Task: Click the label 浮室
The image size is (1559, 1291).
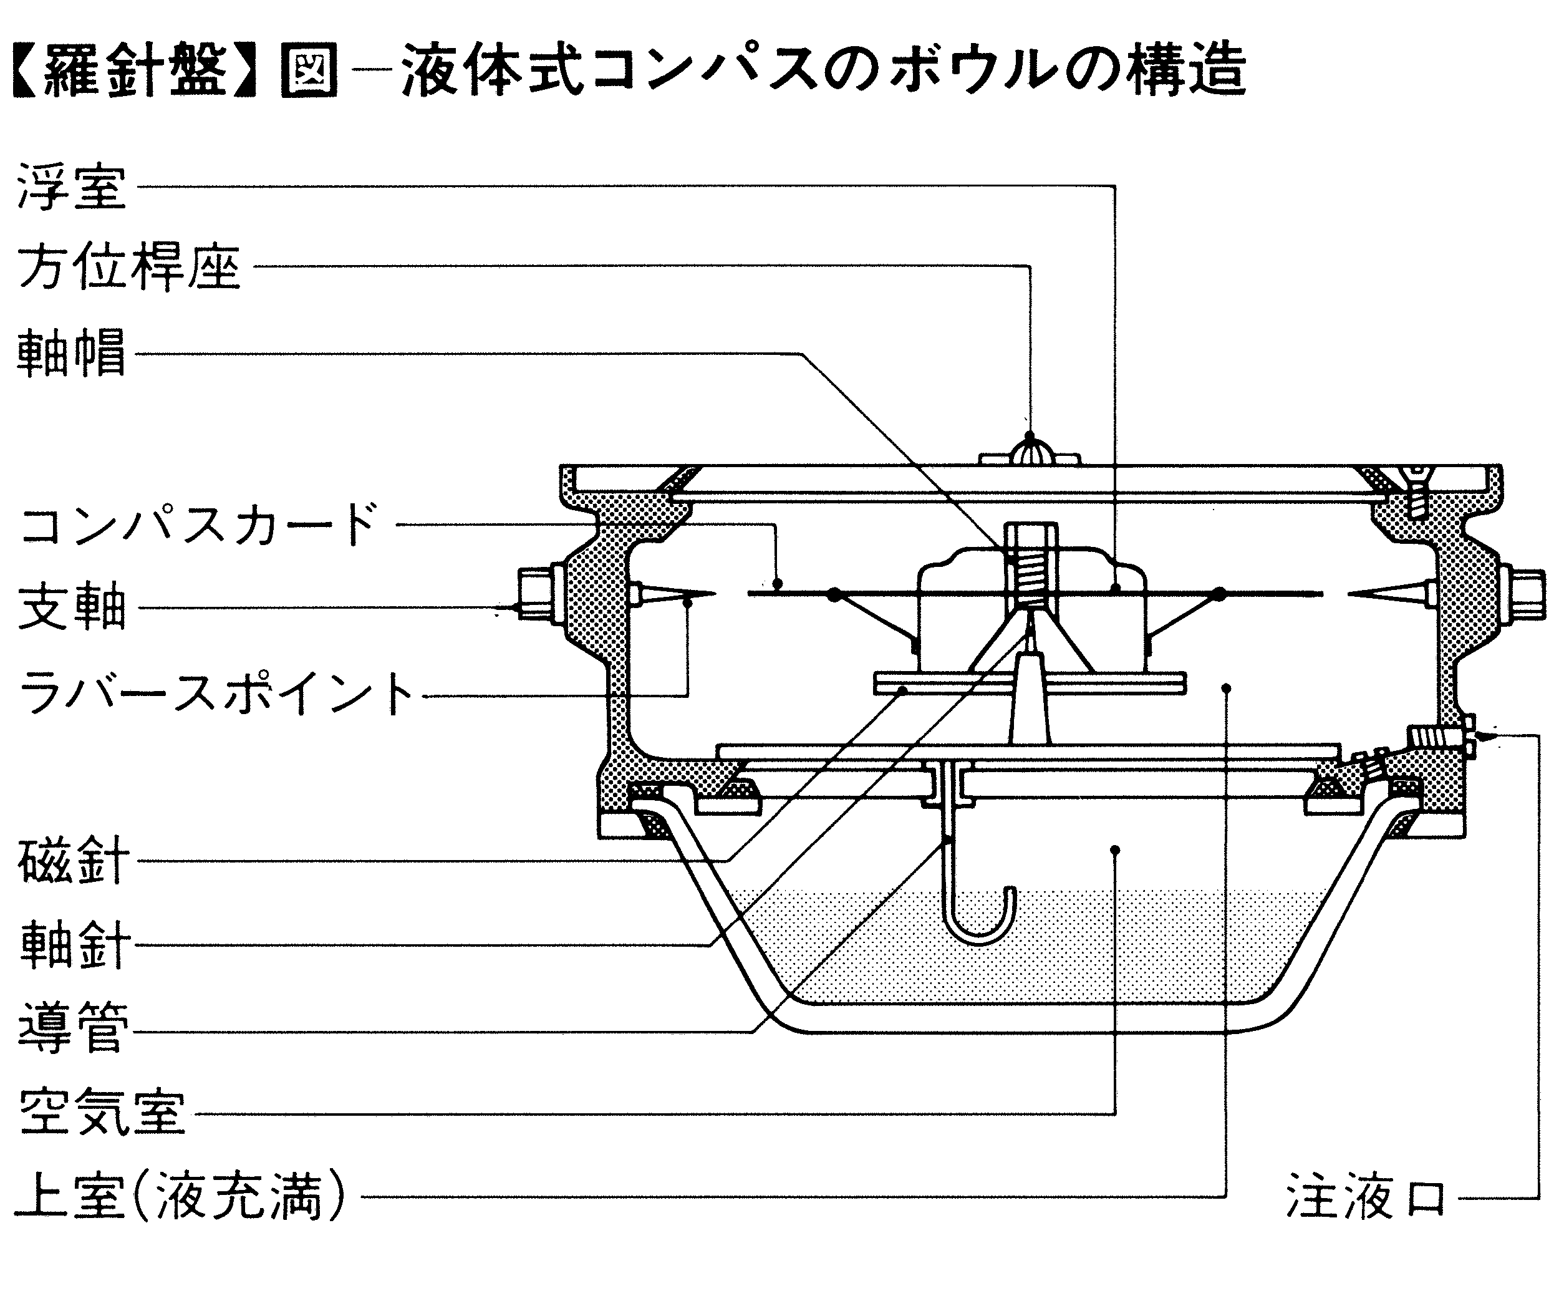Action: [x=71, y=186]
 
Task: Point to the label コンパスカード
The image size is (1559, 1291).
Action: [x=199, y=525]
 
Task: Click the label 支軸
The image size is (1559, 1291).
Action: [x=71, y=608]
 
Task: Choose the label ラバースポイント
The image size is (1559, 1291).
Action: [x=215, y=694]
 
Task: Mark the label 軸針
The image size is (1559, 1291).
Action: [x=74, y=945]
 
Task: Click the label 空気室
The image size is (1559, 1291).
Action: [x=102, y=1112]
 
